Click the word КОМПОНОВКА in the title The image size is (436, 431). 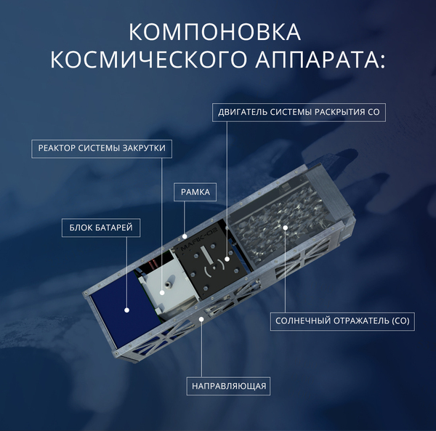(214, 32)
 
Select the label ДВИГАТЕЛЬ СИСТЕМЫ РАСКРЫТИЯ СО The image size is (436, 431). (299, 113)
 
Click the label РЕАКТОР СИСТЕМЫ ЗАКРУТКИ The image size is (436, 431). (102, 148)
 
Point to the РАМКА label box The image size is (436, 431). (195, 192)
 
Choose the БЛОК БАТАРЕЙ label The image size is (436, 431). (101, 227)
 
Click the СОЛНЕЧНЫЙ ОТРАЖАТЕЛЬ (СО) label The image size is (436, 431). (342, 321)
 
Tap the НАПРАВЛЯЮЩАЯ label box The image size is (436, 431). (229, 386)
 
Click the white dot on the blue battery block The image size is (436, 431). (126, 310)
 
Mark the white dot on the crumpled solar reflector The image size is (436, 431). (286, 227)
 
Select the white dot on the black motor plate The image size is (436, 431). (227, 259)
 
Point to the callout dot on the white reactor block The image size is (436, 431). (162, 292)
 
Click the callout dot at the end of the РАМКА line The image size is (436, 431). (185, 236)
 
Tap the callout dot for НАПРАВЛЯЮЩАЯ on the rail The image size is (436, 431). (201, 319)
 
